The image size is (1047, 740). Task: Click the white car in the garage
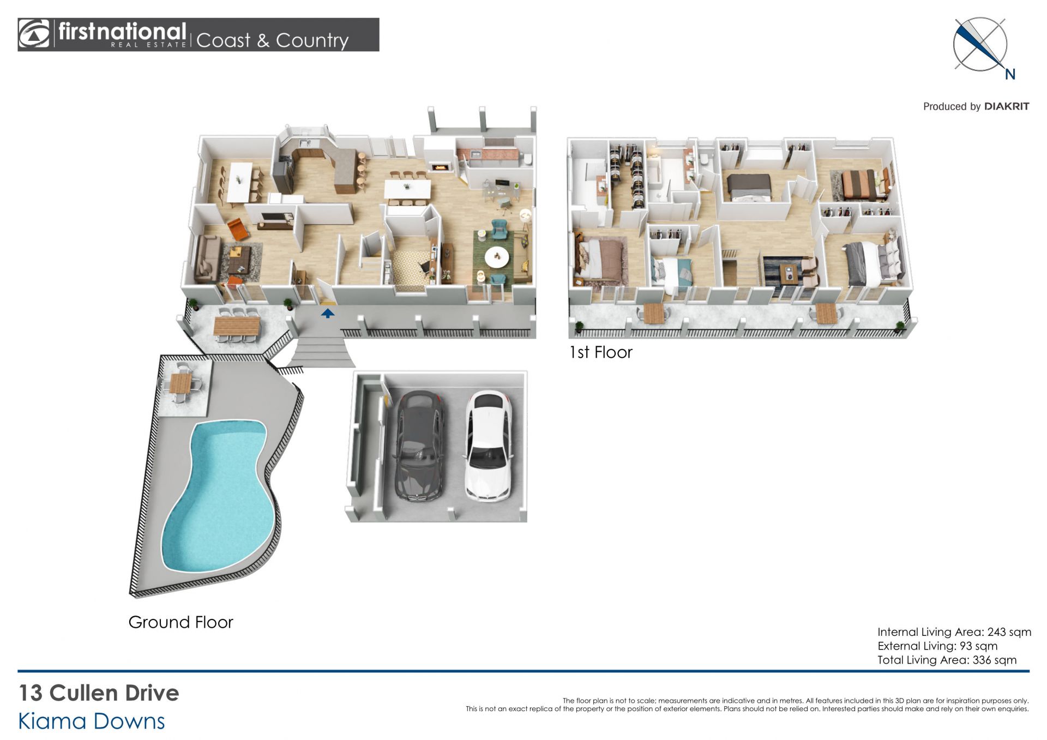(488, 447)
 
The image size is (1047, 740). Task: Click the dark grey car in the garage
(419, 447)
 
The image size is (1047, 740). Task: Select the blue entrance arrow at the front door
(327, 314)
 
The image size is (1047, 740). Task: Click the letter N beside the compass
(1010, 75)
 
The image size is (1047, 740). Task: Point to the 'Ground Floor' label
(180, 622)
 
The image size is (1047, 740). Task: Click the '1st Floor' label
(600, 352)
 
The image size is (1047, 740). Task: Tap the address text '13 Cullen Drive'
(99, 693)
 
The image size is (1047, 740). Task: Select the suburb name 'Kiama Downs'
(92, 721)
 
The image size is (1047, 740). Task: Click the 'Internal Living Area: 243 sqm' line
(954, 632)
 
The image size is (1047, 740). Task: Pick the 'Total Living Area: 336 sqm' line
(947, 660)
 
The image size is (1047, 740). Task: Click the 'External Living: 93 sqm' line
(937, 646)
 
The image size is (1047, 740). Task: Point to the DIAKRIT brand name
(1007, 106)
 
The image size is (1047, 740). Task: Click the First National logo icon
(34, 34)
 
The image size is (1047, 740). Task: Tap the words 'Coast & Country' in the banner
(272, 40)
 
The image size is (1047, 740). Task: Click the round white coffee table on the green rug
(496, 257)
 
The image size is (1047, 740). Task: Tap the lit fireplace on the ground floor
(441, 166)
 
